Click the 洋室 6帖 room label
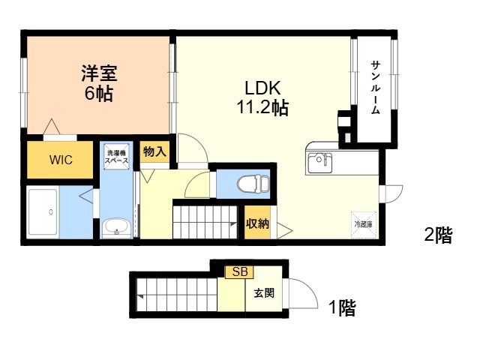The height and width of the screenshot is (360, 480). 97,84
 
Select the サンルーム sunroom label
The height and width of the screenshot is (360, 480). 374,88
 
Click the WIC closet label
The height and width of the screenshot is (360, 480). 61,160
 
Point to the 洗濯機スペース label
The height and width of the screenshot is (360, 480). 116,157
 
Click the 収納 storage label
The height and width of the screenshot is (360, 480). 257,223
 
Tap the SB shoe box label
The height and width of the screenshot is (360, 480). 239,271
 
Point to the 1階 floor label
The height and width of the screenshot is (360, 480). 341,307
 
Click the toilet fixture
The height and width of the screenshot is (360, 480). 250,184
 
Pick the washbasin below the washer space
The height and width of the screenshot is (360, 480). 116,227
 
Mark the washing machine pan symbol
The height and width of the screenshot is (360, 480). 116,158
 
